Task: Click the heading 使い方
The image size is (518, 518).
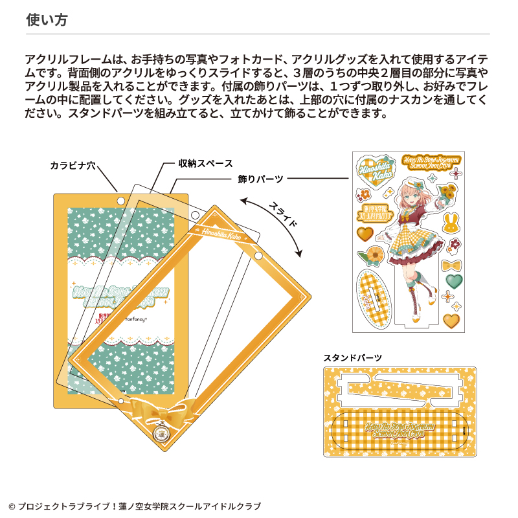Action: [x=47, y=20]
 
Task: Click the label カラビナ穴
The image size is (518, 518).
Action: [x=73, y=166]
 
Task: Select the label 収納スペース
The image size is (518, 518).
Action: [x=205, y=164]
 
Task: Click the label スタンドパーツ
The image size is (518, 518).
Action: [x=352, y=357]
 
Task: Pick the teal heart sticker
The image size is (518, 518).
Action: [x=455, y=280]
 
